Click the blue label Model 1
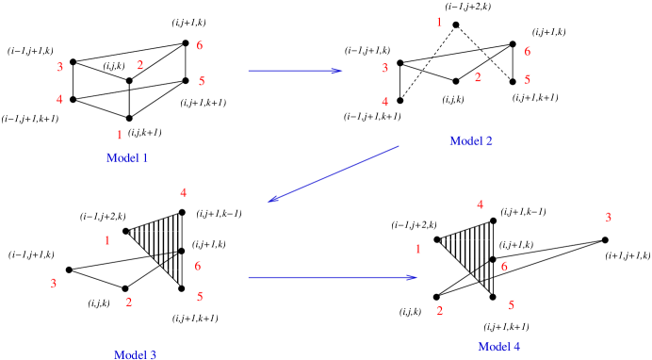coord(127,157)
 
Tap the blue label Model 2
coord(471,140)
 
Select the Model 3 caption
coord(135,354)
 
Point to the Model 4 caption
coord(498,346)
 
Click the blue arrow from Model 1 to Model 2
coord(295,70)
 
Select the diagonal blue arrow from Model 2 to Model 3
coord(334,173)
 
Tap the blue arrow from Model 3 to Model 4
coord(333,277)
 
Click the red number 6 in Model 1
coord(200,45)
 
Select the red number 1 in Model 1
coord(120,135)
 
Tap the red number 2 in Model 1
coord(139,65)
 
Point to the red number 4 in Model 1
coord(59,99)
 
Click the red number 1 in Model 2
coord(439,22)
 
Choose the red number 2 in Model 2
coord(478,77)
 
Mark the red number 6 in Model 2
coord(528,52)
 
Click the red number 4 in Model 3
coord(183,192)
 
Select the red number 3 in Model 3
coord(54,283)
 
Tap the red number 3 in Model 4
coord(609,217)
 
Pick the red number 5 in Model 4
coord(511,305)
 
